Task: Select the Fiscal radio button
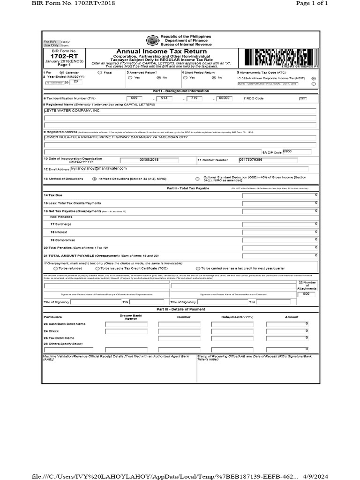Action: click(x=99, y=73)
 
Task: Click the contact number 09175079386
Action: click(x=250, y=160)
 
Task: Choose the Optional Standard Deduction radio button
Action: click(x=197, y=179)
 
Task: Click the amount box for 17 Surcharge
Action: click(x=280, y=225)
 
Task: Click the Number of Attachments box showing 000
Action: click(x=306, y=293)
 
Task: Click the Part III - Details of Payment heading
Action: click(x=180, y=309)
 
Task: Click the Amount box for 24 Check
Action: click(x=287, y=331)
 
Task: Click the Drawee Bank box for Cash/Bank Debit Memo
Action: click(x=127, y=324)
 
